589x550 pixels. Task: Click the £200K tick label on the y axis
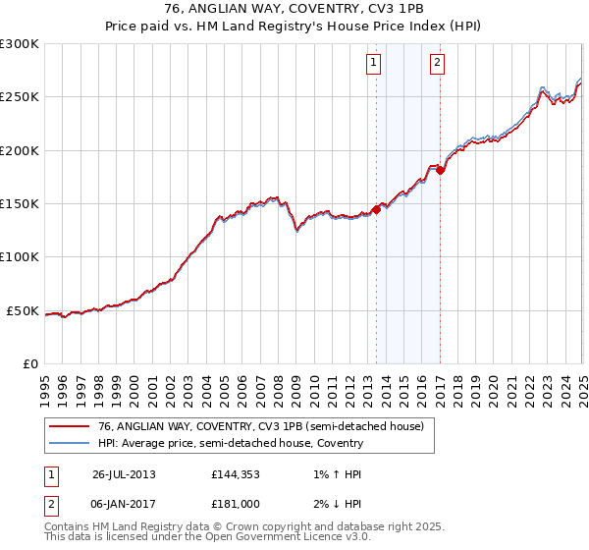click(19, 150)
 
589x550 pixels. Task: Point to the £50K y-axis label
click(23, 310)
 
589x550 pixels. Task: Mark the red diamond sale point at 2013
click(376, 208)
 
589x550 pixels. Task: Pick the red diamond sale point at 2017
click(440, 170)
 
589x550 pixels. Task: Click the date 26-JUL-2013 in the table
click(124, 474)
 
